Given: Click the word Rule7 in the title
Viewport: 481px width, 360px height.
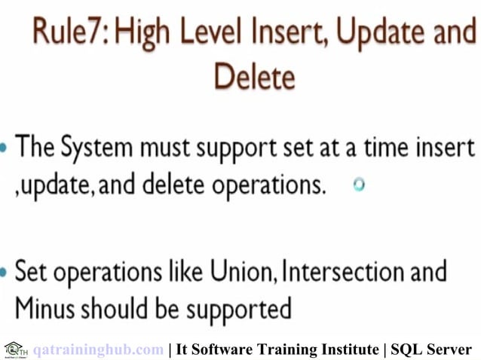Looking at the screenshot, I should [70, 34].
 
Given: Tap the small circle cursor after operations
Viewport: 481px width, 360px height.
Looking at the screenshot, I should [359, 184].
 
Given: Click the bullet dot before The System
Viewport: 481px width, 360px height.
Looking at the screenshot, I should [5, 148].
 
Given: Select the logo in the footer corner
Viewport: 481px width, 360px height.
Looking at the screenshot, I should [14, 349].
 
